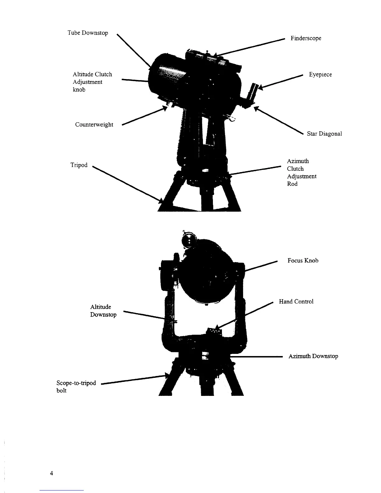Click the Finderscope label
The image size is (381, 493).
pos(306,38)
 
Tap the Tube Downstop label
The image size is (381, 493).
pos(88,33)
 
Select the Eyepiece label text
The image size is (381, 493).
pos(320,75)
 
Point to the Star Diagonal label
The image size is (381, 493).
pos(324,134)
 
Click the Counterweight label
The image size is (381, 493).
pos(94,125)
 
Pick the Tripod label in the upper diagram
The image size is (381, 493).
pos(79,165)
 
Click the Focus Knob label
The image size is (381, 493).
pos(303,261)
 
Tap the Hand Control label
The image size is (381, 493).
pos(296,302)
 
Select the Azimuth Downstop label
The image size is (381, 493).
pos(313,356)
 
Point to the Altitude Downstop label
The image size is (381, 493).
pos(103,311)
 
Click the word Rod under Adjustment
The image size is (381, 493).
pos(292,184)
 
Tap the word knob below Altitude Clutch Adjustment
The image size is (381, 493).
pos(79,90)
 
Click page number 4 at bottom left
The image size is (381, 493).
pos(51,473)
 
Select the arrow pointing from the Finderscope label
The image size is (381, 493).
pos(249,48)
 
